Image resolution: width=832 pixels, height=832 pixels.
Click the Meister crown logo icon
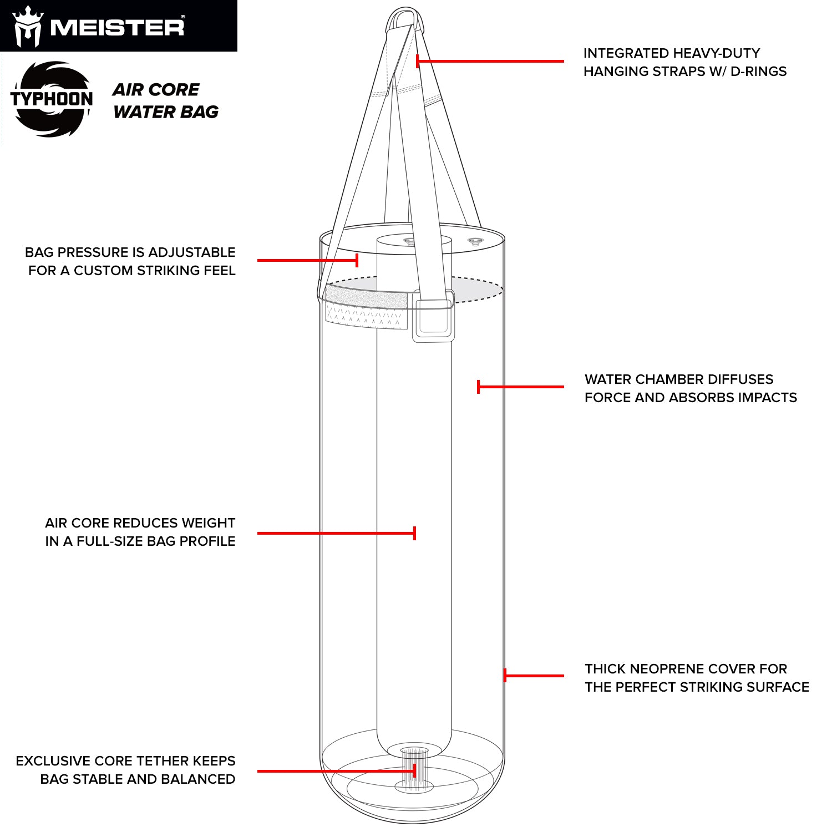[x=28, y=26]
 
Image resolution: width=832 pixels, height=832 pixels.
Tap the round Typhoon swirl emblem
[x=52, y=99]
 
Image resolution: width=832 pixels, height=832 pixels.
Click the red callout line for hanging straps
[x=490, y=61]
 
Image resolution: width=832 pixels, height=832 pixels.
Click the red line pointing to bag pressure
[x=308, y=260]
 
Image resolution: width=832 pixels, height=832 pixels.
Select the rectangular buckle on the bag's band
[x=433, y=321]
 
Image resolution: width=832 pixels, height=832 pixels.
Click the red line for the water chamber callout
[x=520, y=387]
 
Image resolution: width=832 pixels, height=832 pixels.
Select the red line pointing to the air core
[x=337, y=533]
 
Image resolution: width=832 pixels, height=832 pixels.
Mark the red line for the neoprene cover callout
[x=534, y=676]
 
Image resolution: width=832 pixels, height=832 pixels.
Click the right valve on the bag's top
[x=475, y=241]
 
